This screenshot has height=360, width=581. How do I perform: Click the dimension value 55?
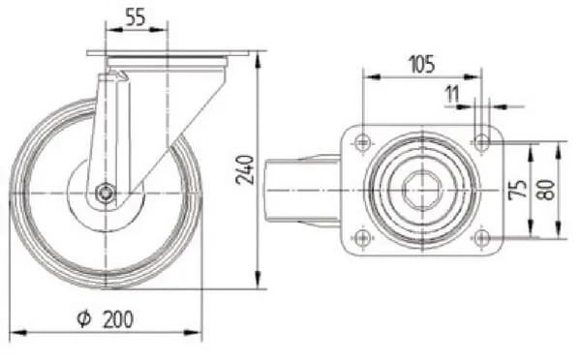tap(136, 17)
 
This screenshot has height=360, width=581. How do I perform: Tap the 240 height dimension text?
tap(245, 170)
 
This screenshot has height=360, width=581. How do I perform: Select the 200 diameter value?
tap(118, 319)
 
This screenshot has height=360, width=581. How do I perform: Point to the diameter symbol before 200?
tap(83, 319)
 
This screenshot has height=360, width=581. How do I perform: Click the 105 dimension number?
tap(422, 64)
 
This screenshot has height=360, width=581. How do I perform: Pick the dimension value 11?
tap(452, 94)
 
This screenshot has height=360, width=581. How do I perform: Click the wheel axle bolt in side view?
tap(106, 193)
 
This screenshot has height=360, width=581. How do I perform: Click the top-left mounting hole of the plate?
tap(363, 141)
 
